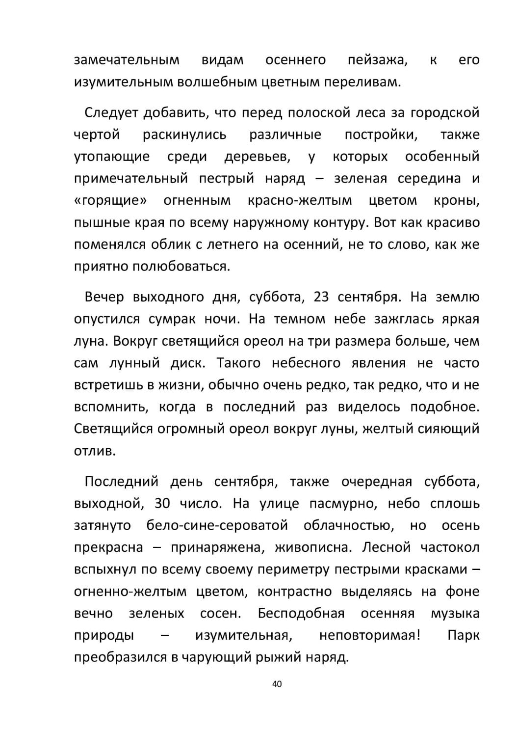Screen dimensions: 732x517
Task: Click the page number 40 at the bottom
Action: tap(277, 684)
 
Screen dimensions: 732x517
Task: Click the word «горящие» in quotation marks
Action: tap(111, 201)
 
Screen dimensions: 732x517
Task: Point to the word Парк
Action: tap(463, 635)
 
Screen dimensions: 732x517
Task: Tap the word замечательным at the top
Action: tap(127, 60)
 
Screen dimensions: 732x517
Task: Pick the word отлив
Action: tap(95, 450)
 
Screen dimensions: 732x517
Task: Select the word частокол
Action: tap(450, 547)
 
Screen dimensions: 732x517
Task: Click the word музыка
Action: tap(455, 613)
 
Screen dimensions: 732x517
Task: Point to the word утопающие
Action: tap(112, 157)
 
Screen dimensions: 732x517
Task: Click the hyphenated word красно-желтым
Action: tap(300, 201)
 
